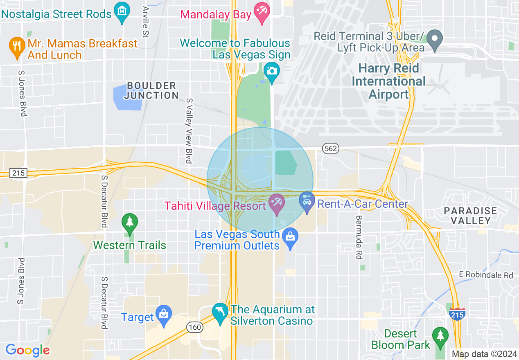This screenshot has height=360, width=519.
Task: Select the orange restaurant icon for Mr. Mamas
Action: coord(16,47)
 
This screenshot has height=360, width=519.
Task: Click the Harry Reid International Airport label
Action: coord(388,81)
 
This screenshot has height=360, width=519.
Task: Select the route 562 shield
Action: coord(330,148)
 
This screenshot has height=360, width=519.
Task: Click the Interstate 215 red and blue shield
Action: coord(456,314)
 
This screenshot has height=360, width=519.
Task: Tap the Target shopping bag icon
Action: coord(164,315)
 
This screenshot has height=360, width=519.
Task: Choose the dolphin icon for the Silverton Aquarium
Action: coord(220,312)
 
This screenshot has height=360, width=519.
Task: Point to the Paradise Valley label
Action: coord(471,216)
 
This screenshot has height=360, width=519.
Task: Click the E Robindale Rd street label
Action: coord(486,275)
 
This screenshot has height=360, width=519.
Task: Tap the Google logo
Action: coord(27,350)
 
